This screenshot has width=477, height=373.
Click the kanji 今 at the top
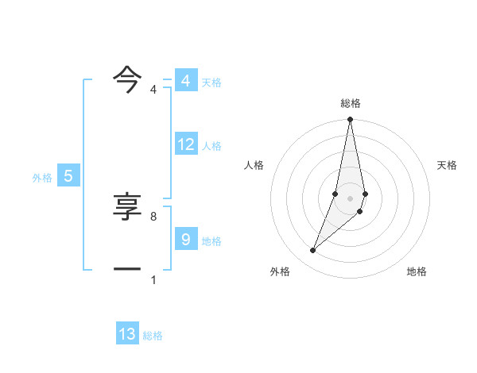pyautogui.click(x=127, y=77)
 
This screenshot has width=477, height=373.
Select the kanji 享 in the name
pyautogui.click(x=127, y=209)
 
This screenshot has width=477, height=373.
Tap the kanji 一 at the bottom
pyautogui.click(x=127, y=270)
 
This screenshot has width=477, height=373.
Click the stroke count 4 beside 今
pyautogui.click(x=153, y=90)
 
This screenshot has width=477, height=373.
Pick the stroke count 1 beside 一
pyautogui.click(x=153, y=280)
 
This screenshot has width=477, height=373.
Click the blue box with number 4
pyautogui.click(x=185, y=81)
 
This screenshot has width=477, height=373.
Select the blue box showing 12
pyautogui.click(x=186, y=144)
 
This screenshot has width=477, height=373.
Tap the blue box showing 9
pyautogui.click(x=185, y=239)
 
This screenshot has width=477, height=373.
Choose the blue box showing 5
pyautogui.click(x=68, y=177)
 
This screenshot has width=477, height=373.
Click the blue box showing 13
pyautogui.click(x=127, y=334)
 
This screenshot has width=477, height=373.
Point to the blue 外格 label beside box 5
pyautogui.click(x=42, y=178)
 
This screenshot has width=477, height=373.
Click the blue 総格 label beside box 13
pyautogui.click(x=153, y=336)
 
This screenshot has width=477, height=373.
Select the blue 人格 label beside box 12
pyautogui.click(x=211, y=146)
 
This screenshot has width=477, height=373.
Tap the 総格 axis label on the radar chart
pyautogui.click(x=350, y=103)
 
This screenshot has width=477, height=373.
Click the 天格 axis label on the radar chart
pyautogui.click(x=447, y=165)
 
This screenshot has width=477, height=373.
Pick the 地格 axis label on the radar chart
pyautogui.click(x=417, y=271)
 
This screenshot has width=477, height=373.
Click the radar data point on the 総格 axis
pyautogui.click(x=350, y=120)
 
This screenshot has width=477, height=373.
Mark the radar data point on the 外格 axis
pyautogui.click(x=313, y=251)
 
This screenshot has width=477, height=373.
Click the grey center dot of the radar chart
pyautogui.click(x=350, y=198)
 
